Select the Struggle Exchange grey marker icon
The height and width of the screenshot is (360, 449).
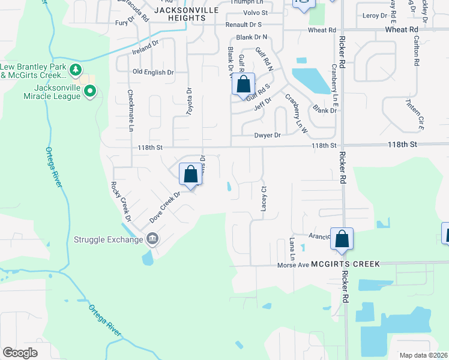(x=152, y=239)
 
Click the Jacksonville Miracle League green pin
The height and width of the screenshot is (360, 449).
(x=90, y=92)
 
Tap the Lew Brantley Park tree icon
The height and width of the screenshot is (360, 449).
(x=76, y=70)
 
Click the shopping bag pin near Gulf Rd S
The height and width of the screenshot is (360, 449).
(x=243, y=84)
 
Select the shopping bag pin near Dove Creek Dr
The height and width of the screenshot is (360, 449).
(x=190, y=174)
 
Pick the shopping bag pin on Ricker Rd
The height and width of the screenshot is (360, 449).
(x=342, y=239)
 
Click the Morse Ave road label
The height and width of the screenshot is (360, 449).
(x=292, y=265)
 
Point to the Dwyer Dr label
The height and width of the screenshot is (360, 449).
(x=268, y=136)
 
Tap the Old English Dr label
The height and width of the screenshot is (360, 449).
(x=153, y=72)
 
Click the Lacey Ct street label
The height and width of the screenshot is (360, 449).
(x=263, y=197)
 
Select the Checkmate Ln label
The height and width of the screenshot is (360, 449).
(x=130, y=110)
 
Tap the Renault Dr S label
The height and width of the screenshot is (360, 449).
(x=244, y=25)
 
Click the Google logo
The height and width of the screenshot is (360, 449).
(x=20, y=353)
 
